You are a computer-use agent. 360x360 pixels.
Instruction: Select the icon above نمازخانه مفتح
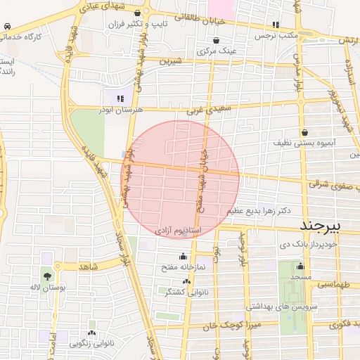point(184,257)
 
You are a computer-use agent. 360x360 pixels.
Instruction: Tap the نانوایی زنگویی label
point(92,344)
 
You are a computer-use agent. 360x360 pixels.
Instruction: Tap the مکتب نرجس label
point(276,34)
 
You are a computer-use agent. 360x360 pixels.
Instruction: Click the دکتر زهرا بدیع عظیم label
point(258,211)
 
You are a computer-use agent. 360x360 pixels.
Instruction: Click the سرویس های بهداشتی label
point(281,307)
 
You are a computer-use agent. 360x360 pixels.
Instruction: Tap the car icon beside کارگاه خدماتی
point(6,26)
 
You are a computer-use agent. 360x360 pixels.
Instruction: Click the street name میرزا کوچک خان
point(238,327)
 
